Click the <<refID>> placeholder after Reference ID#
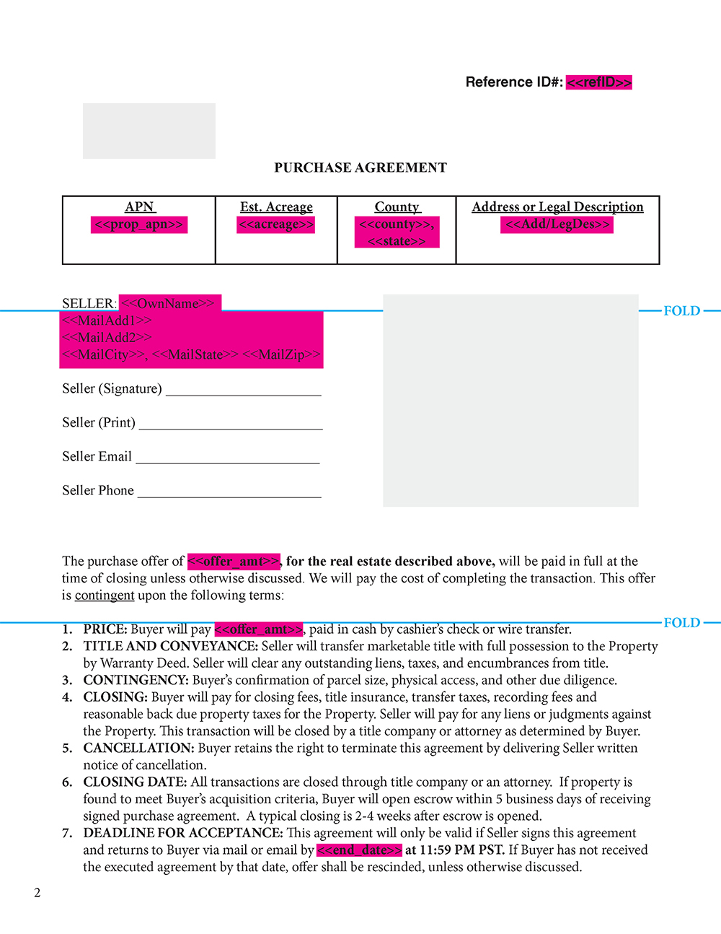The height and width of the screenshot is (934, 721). pos(598,82)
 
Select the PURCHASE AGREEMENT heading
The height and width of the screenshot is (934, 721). pos(360,167)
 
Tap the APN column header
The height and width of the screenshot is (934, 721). pos(139,207)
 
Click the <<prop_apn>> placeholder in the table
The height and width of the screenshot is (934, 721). pos(139,224)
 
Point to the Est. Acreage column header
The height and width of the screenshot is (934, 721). pos(276,207)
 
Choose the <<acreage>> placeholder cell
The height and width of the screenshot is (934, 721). pos(276,224)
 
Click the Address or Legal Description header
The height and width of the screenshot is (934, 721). pos(557,207)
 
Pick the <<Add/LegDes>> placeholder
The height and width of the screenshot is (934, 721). pos(557,224)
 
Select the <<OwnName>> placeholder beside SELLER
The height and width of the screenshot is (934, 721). pos(170,303)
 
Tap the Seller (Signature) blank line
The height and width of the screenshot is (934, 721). pos(244,393)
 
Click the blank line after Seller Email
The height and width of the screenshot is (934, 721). pos(228,461)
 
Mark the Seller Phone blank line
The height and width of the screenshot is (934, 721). pos(229,495)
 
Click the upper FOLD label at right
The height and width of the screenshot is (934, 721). pos(681,311)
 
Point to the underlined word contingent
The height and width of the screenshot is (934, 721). pos(105,595)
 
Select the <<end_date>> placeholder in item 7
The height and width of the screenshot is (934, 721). pos(359,850)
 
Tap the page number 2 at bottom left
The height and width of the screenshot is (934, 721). pos(37,893)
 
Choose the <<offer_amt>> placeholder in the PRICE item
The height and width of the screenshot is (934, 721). pos(258,629)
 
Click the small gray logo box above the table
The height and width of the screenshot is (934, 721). pos(149,131)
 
